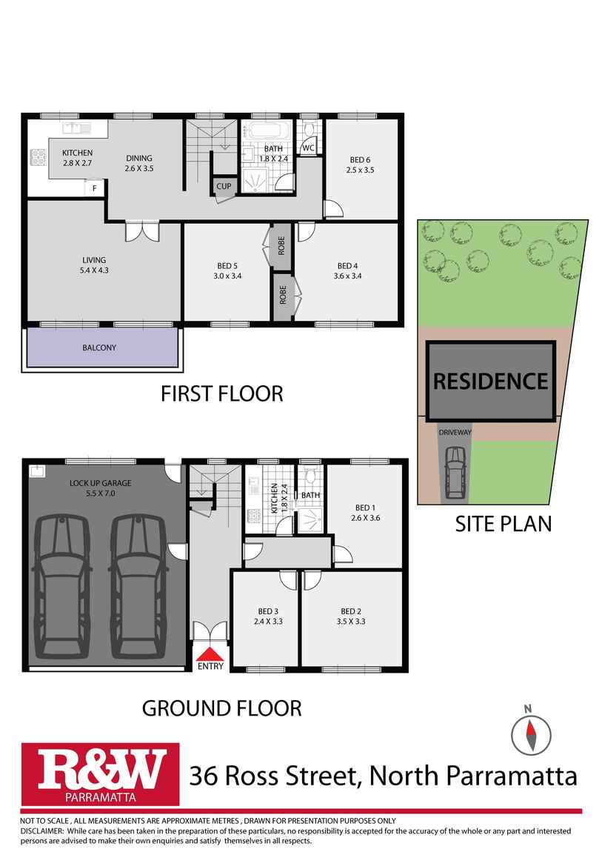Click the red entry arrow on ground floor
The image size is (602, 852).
[210, 653]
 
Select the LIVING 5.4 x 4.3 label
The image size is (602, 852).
[94, 264]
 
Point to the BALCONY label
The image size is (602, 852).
[99, 347]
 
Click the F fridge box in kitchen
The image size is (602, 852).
[94, 188]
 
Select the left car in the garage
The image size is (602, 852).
[62, 585]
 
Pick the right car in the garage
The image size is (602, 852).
[139, 585]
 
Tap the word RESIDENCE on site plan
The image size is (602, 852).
[490, 382]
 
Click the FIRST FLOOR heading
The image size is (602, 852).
[222, 393]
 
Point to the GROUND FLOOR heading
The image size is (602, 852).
[221, 708]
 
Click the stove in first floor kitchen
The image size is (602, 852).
[38, 158]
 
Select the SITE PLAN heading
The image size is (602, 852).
[503, 524]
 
